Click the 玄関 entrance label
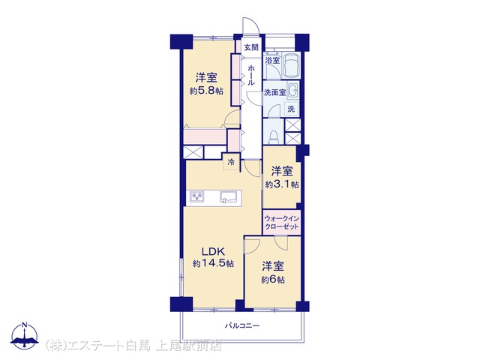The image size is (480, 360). (x=251, y=47)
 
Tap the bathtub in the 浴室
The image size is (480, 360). (x=291, y=65)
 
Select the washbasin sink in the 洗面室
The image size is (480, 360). (x=293, y=91)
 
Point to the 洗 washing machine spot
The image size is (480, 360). (x=292, y=108)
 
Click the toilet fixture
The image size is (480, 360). (x=273, y=136)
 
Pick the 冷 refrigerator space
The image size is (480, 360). (x=232, y=162)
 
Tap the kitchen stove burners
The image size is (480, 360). (x=196, y=196)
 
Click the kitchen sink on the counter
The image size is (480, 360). (x=228, y=196)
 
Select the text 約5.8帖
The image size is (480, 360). (x=206, y=91)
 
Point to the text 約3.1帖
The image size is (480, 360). (x=282, y=184)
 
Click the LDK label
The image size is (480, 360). (x=213, y=252)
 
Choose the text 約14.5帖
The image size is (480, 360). (x=213, y=263)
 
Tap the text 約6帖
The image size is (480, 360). (x=273, y=280)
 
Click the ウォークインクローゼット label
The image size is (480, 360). (x=282, y=223)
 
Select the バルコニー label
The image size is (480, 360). (x=242, y=325)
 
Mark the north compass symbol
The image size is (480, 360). (x=25, y=336)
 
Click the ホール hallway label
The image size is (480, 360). (x=250, y=75)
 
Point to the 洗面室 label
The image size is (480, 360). (x=274, y=92)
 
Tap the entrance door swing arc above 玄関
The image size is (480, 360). (x=251, y=25)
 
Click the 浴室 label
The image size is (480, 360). (x=272, y=60)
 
